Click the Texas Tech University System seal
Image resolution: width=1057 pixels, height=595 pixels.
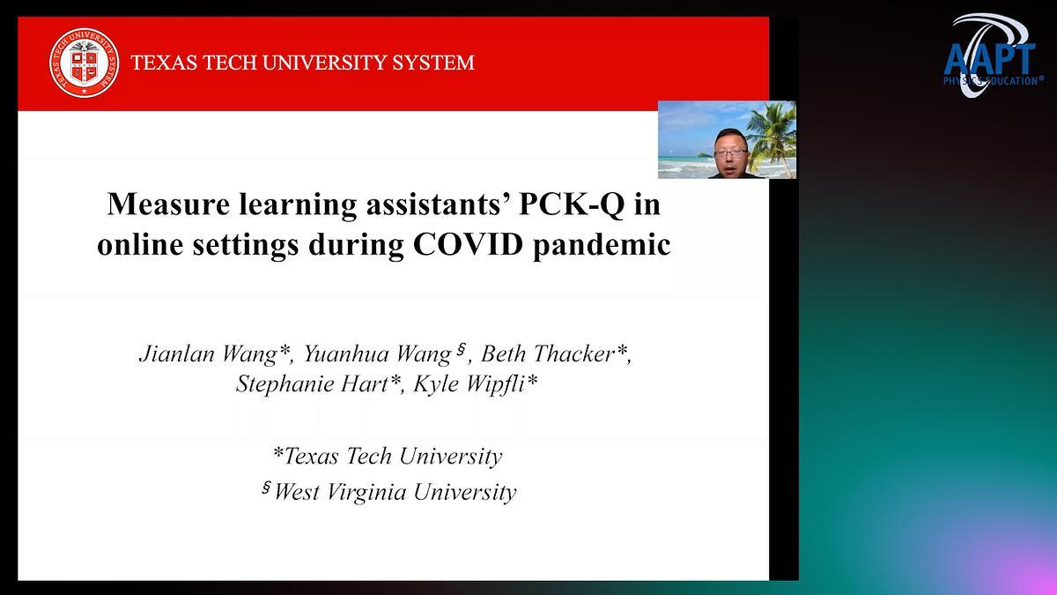85,63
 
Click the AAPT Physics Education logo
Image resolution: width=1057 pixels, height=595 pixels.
993,56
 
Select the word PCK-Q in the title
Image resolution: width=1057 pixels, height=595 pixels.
572,205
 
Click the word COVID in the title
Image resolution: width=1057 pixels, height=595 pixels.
468,245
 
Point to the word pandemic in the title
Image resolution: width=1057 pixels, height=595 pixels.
602,246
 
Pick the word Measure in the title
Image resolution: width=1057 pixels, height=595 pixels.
168,205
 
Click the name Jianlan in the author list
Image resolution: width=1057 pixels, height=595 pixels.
177,353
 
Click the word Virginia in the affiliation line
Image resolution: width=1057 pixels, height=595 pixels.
366,492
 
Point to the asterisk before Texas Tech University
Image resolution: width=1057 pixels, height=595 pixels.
278,453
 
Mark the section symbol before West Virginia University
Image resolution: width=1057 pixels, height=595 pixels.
267,487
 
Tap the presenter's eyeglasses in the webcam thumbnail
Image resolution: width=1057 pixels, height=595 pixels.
730,153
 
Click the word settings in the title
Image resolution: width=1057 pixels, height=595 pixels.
246,246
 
